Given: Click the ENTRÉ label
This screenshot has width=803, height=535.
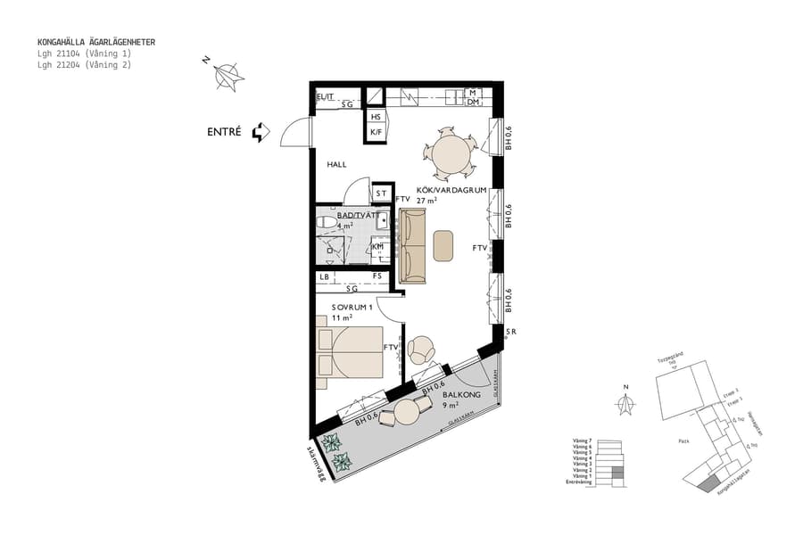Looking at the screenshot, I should [224, 132].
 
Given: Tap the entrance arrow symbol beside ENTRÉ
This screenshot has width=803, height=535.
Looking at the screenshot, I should [261, 133].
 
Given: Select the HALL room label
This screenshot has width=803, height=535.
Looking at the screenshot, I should [336, 165].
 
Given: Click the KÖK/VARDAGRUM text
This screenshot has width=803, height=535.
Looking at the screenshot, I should [450, 190].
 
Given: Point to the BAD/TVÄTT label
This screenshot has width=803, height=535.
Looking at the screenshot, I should [353, 216].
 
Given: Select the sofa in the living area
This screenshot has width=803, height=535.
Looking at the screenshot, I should [411, 246].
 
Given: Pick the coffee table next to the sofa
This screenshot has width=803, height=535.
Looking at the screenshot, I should [443, 245].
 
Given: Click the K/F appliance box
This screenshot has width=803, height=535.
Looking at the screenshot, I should [377, 134].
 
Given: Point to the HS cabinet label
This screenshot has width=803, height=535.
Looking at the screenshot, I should [377, 118].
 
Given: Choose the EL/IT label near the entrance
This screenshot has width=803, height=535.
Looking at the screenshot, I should [325, 96].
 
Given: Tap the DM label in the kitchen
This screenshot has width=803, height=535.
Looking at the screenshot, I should [473, 103].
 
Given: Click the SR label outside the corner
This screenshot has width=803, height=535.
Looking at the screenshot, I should [510, 333].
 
